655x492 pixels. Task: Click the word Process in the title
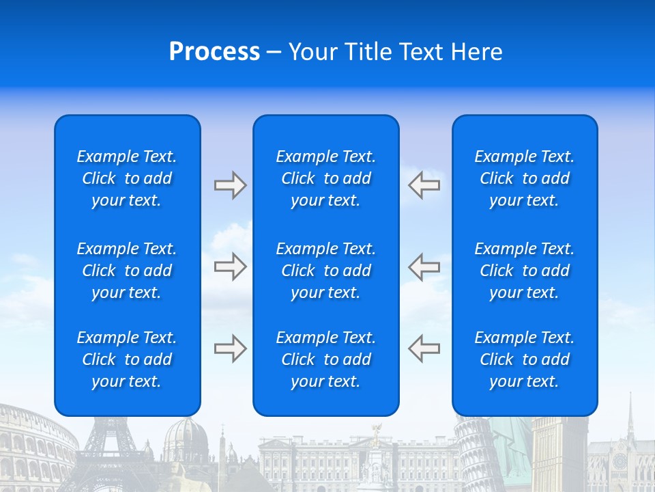tap(214, 52)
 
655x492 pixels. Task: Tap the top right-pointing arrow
tap(230, 185)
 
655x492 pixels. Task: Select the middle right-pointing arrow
tap(230, 266)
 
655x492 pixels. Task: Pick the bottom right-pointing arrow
tap(230, 348)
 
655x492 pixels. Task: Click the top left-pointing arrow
tap(424, 185)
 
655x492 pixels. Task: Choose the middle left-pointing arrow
tap(424, 266)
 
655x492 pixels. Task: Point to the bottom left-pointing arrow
tap(424, 348)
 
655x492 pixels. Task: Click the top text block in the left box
tap(127, 178)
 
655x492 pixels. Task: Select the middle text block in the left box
tap(127, 271)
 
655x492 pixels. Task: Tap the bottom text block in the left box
tap(127, 359)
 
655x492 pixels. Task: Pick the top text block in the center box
tap(326, 178)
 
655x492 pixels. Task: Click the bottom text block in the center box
tap(326, 359)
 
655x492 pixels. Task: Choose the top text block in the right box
tap(525, 178)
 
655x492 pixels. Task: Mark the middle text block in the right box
tap(525, 271)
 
